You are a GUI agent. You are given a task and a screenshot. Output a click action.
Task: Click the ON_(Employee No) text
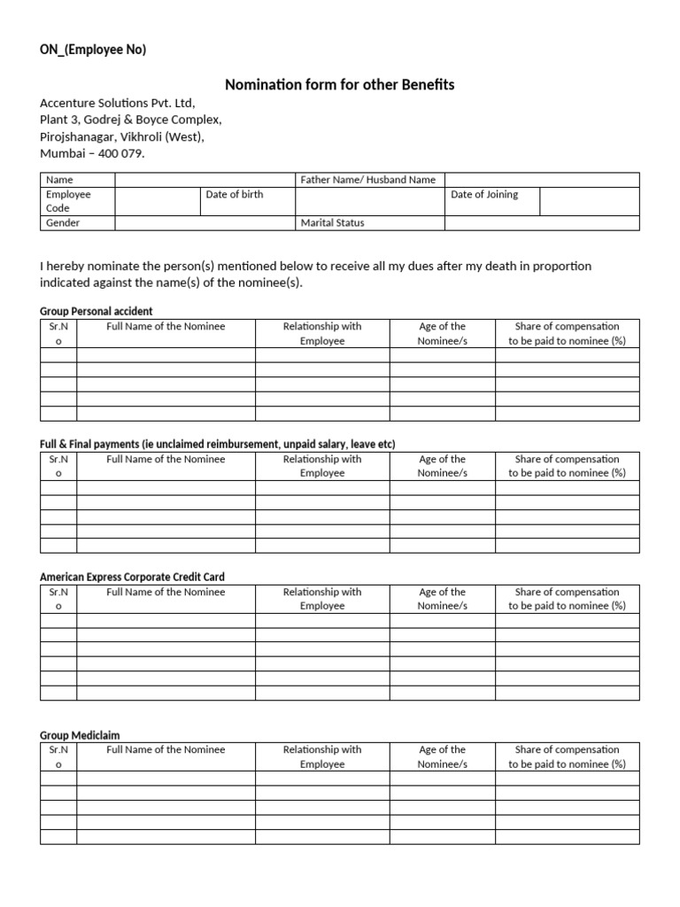pyautogui.click(x=93, y=50)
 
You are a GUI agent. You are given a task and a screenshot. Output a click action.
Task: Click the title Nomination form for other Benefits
pyautogui.click(x=340, y=85)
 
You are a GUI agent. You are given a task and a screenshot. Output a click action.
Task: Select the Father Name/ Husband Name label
pyautogui.click(x=367, y=180)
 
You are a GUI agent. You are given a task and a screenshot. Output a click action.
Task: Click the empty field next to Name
pyautogui.click(x=205, y=180)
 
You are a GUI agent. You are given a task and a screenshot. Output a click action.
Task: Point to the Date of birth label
pyautogui.click(x=234, y=195)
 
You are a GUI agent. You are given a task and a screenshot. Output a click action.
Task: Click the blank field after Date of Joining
pyautogui.click(x=589, y=201)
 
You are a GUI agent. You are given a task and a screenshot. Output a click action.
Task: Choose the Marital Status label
pyautogui.click(x=332, y=223)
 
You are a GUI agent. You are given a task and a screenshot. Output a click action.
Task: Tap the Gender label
pyautogui.click(x=63, y=223)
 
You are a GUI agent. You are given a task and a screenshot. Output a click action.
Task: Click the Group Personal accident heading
pyautogui.click(x=97, y=311)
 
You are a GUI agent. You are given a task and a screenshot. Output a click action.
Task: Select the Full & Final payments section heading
pyautogui.click(x=217, y=444)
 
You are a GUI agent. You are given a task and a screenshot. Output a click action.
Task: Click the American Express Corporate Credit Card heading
pyautogui.click(x=132, y=577)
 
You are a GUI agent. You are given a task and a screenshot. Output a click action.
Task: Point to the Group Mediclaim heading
pyautogui.click(x=80, y=735)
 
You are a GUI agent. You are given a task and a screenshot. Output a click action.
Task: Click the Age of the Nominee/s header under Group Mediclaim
pyautogui.click(x=442, y=756)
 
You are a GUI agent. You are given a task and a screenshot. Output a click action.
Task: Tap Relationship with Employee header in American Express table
pyautogui.click(x=322, y=599)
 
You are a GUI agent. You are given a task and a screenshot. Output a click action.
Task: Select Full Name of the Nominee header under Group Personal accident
pyautogui.click(x=166, y=327)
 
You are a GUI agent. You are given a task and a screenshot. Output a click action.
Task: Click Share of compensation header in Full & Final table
pyautogui.click(x=567, y=466)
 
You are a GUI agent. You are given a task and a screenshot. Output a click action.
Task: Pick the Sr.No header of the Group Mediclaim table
pyautogui.click(x=58, y=756)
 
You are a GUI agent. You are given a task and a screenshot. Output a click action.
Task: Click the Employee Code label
pyautogui.click(x=68, y=201)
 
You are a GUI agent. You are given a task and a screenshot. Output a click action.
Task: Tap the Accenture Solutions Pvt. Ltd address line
pyautogui.click(x=117, y=103)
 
